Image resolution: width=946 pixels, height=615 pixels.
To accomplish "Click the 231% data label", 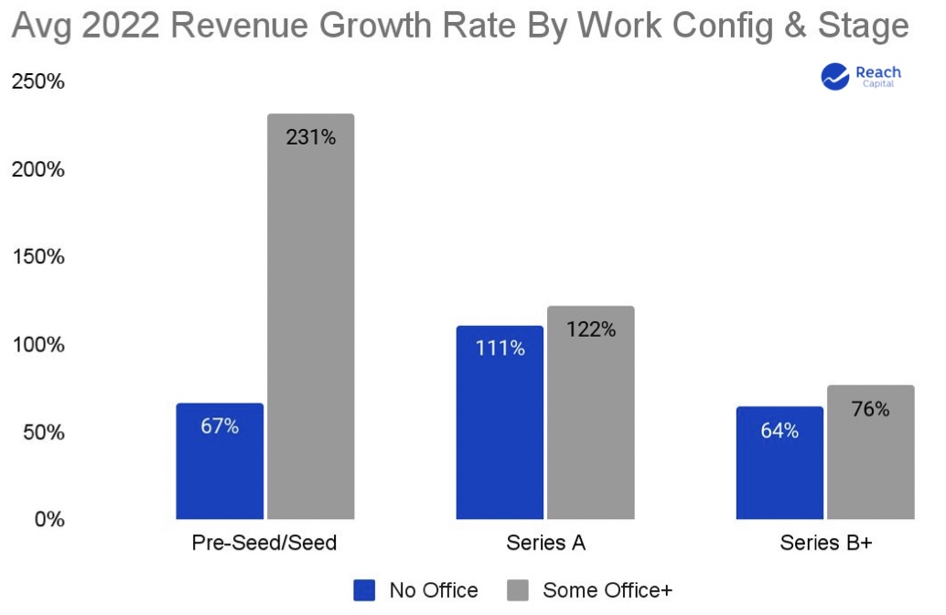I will pyautogui.click(x=311, y=138).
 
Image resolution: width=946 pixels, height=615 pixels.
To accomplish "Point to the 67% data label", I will pyautogui.click(x=220, y=426).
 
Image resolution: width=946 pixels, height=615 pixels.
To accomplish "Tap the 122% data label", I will pyautogui.click(x=591, y=330).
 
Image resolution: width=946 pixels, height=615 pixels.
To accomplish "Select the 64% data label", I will pyautogui.click(x=779, y=430).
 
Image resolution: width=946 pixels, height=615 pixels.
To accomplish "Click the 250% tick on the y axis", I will pyautogui.click(x=38, y=81).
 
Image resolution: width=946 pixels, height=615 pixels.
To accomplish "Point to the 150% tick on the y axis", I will pyautogui.click(x=38, y=256).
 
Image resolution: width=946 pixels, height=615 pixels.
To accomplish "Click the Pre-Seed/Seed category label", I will pyautogui.click(x=264, y=543).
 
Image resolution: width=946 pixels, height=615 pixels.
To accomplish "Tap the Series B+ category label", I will pyautogui.click(x=825, y=543).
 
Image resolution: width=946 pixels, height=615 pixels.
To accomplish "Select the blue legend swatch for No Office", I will pyautogui.click(x=364, y=590).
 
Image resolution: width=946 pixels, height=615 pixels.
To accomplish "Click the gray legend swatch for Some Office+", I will pyautogui.click(x=518, y=590).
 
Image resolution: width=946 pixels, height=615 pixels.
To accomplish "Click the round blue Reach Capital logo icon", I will pyautogui.click(x=836, y=77).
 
